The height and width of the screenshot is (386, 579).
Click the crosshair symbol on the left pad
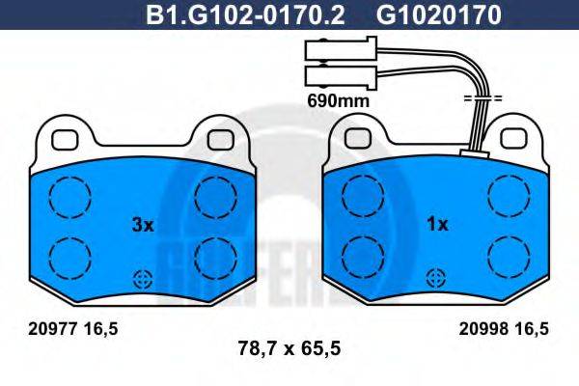[x=143, y=280]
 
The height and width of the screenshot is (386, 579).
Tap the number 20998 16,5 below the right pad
[x=503, y=329]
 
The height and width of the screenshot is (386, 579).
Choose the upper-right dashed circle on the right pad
[x=508, y=198]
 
